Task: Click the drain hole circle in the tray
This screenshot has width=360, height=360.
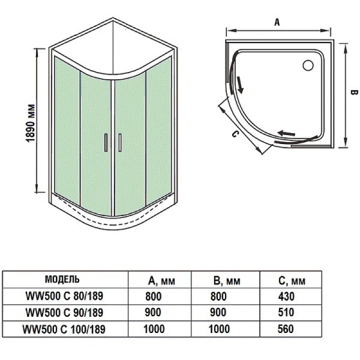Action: click(x=311, y=62)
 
